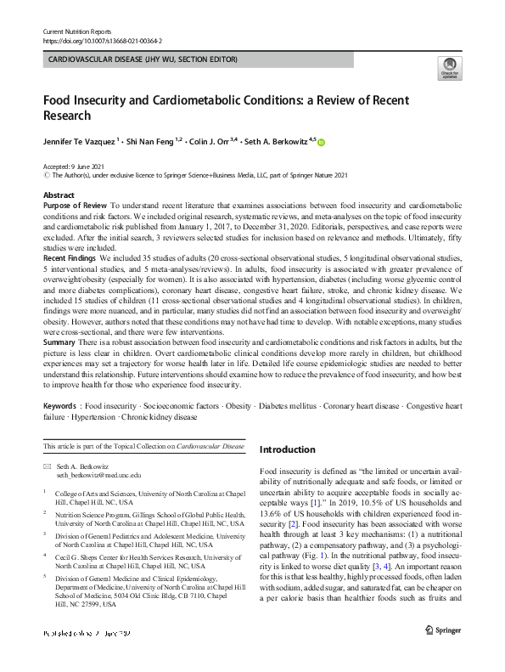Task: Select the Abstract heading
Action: [x=59, y=195]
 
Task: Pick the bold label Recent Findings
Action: [x=70, y=256]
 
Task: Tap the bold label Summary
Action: [x=59, y=340]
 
